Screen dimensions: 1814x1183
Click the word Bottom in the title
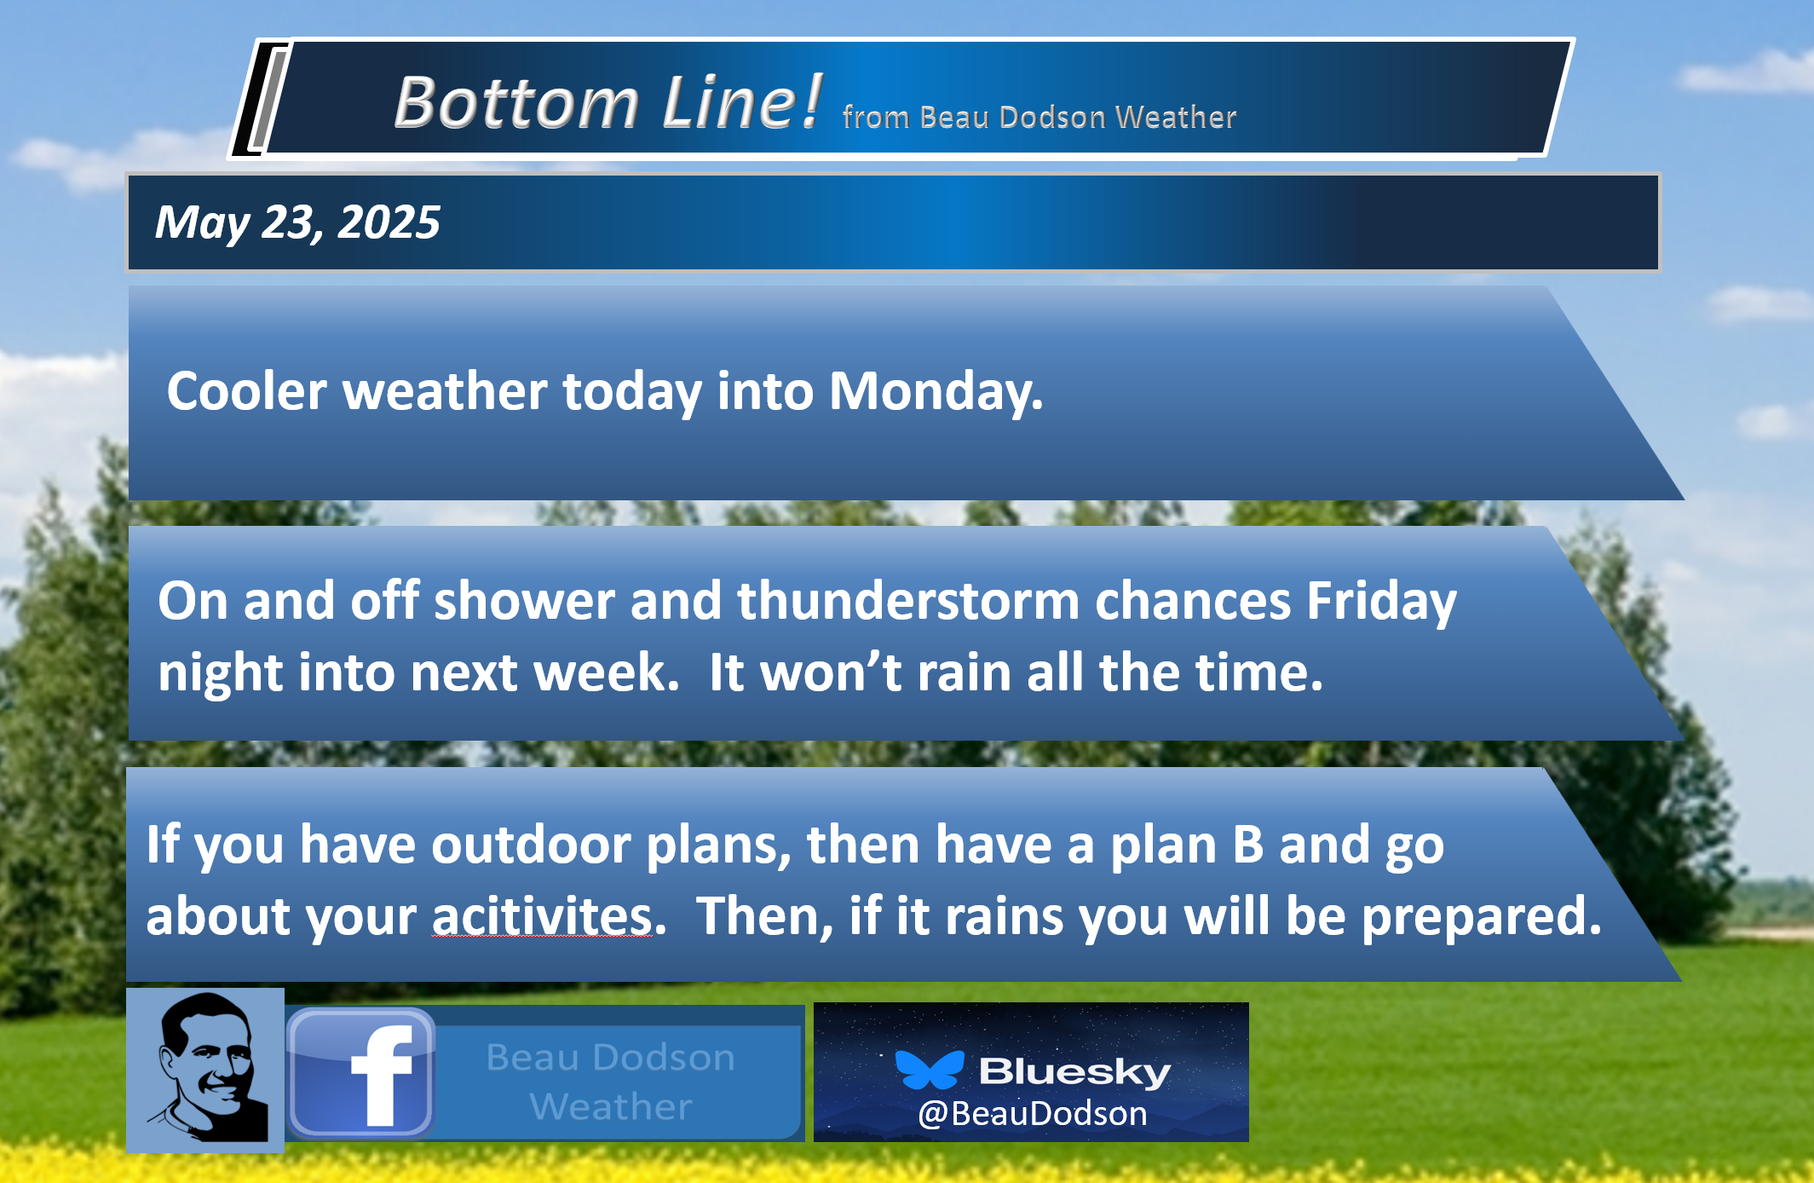pos(516,102)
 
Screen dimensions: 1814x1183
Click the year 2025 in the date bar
pos(389,222)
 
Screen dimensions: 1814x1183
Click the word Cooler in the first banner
pos(246,391)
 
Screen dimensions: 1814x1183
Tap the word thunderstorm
pos(908,601)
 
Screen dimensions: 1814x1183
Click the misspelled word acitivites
pos(542,916)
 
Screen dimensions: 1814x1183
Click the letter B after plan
pos(1248,845)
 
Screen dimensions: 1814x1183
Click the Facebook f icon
pos(362,1073)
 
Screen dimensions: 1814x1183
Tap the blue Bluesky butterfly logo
pos(930,1070)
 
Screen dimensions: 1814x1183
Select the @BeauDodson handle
pos(1032,1114)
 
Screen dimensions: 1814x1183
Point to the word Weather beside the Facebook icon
pos(611,1107)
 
